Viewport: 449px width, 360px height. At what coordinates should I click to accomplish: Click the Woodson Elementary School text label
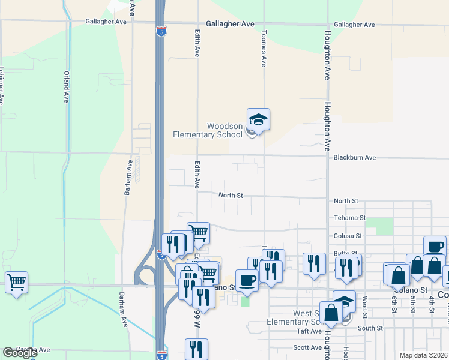208,130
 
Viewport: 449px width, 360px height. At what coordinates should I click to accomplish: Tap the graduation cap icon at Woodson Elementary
258,119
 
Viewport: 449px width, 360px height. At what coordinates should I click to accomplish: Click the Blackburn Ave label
354,157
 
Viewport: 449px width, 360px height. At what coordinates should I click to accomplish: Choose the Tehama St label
349,217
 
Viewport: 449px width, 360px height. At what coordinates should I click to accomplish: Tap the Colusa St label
348,236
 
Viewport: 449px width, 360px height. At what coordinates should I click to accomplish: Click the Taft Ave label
310,331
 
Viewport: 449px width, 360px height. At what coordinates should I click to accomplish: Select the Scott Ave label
307,347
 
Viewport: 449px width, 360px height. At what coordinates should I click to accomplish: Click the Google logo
20,353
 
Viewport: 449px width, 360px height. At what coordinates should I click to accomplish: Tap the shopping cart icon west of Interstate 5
16,281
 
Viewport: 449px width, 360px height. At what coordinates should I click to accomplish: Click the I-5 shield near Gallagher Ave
160,32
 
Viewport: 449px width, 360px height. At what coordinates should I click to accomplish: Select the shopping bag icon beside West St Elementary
331,311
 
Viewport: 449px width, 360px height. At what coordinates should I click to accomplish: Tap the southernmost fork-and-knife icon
196,349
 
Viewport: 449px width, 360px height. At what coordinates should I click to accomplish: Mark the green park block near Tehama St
379,226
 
